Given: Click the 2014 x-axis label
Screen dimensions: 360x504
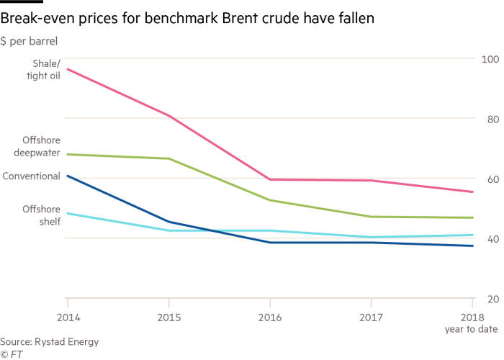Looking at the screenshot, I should (67, 317).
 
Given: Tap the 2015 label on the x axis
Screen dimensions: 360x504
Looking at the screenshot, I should (168, 317).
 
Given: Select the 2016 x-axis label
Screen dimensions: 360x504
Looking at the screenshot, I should (270, 317).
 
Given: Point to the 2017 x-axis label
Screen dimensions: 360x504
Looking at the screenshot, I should (372, 317).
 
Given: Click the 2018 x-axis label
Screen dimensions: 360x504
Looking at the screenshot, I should (472, 317).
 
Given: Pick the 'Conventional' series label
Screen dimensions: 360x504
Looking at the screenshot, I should (32, 176).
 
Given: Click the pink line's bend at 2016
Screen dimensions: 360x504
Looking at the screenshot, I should (270, 179).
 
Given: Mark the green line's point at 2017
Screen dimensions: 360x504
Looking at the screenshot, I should (372, 217).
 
